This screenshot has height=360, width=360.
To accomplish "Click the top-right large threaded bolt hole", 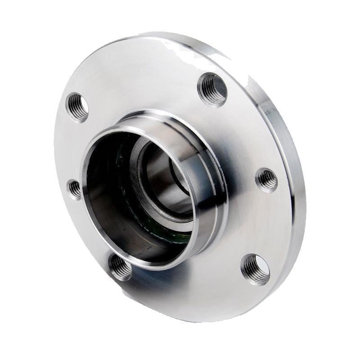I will pyautogui.click(x=212, y=89).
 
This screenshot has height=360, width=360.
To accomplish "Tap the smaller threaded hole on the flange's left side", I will pyautogui.click(x=75, y=189).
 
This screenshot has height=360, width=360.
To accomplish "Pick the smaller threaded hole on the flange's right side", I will pyautogui.click(x=267, y=180).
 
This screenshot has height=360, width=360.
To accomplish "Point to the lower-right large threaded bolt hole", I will pyautogui.click(x=255, y=269).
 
